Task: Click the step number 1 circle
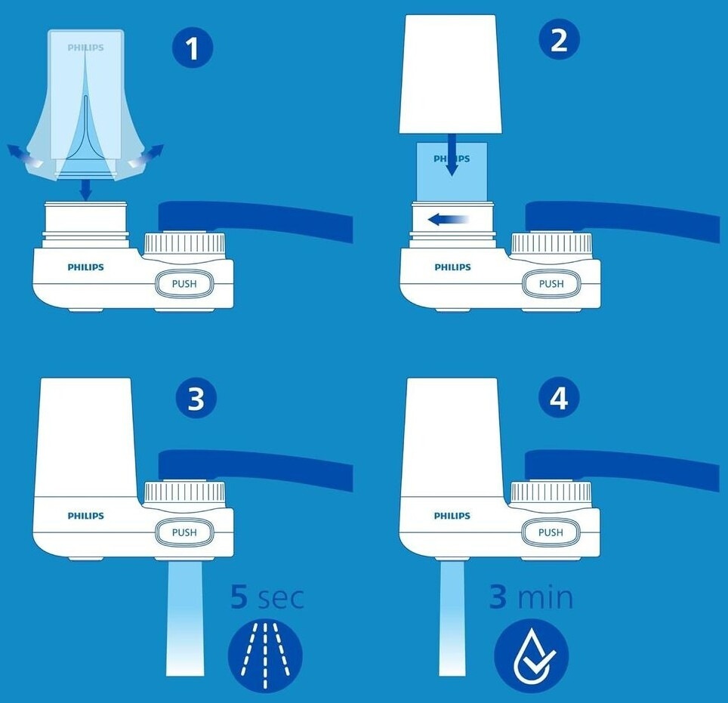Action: [193, 47]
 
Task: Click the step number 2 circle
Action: [559, 39]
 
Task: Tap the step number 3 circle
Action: [196, 398]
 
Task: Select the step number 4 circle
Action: [559, 397]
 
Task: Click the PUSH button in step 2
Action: [551, 283]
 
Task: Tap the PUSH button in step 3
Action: [184, 532]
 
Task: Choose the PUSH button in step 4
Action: [551, 532]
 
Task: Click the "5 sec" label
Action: [267, 597]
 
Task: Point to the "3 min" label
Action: [531, 597]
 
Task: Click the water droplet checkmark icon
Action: [531, 655]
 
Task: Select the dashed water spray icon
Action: [265, 655]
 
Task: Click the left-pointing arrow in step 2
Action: [448, 219]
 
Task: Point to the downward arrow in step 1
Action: [85, 190]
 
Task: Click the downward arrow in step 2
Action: [452, 155]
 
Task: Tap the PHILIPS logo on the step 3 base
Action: [86, 516]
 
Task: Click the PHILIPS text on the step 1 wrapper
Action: [86, 48]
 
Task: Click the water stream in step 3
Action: [185, 618]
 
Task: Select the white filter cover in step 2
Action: [450, 74]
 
